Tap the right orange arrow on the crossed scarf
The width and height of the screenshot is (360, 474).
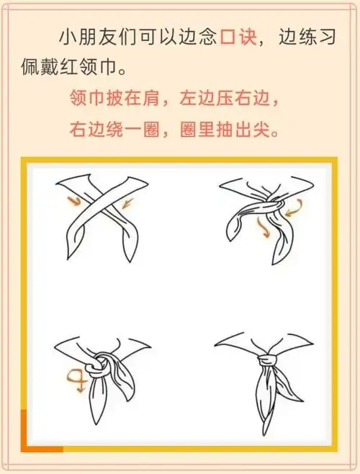coord(127,205)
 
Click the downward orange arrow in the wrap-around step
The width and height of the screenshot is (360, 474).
coord(264,230)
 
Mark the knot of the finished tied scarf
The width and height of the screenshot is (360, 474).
coord(268,357)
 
